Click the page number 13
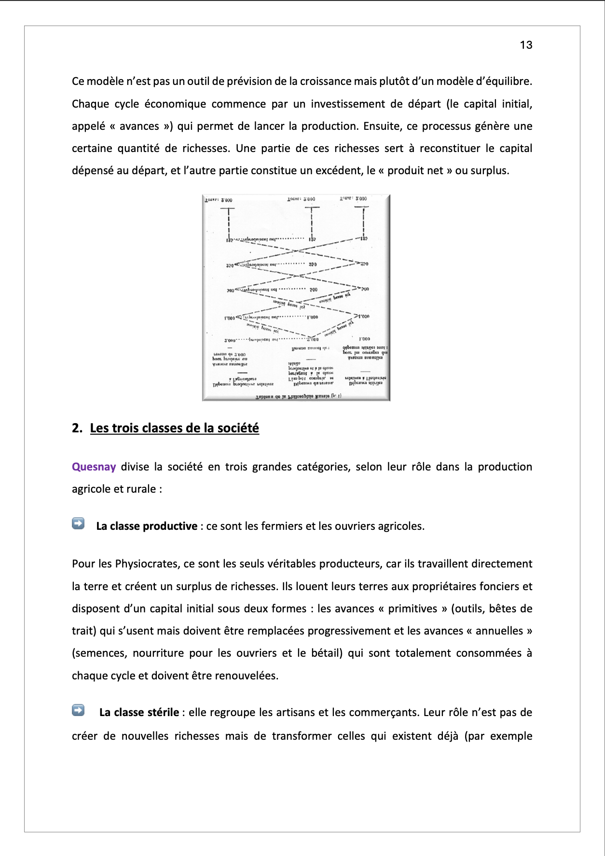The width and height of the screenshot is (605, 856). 526,45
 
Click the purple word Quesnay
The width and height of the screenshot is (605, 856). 94,467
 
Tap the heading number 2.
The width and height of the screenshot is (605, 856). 77,428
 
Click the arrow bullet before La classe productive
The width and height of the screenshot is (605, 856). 78,524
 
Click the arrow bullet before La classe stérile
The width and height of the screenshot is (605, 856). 78,710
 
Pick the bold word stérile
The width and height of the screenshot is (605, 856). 160,712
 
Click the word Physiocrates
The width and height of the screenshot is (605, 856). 147,564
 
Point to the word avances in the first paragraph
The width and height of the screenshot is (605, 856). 139,126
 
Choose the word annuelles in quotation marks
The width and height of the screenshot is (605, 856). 499,631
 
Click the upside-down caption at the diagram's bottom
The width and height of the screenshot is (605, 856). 298,396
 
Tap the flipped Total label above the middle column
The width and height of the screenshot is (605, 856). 301,199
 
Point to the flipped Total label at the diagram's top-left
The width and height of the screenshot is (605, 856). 218,200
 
